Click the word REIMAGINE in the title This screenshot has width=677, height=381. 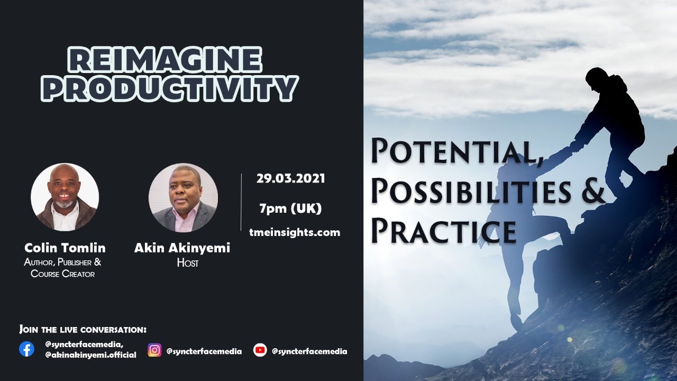pos(165,60)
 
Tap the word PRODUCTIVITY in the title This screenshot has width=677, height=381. pos(170,88)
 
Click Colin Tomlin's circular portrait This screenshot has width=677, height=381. pos(65,197)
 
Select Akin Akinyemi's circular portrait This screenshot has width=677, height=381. pos(183,197)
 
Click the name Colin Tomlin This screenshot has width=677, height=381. pos(65,248)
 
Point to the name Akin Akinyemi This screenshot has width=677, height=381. pos(182,248)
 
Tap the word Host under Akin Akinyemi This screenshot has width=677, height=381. pos(187,263)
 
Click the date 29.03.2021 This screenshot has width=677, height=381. pos(291,178)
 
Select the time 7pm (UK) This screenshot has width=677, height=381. pos(290,208)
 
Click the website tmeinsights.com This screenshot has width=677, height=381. pos(295,232)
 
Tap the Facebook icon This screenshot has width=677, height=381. pos(26,349)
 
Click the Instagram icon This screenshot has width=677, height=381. pos(154,350)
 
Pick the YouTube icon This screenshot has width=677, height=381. pos(260,350)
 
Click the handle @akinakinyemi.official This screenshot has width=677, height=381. pos(90,355)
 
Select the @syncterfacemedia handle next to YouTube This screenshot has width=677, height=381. pos(309,351)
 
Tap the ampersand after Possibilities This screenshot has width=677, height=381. pos(593,192)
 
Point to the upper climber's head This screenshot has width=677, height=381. pos(596,77)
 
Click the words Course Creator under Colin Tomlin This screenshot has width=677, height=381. pos(62,274)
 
